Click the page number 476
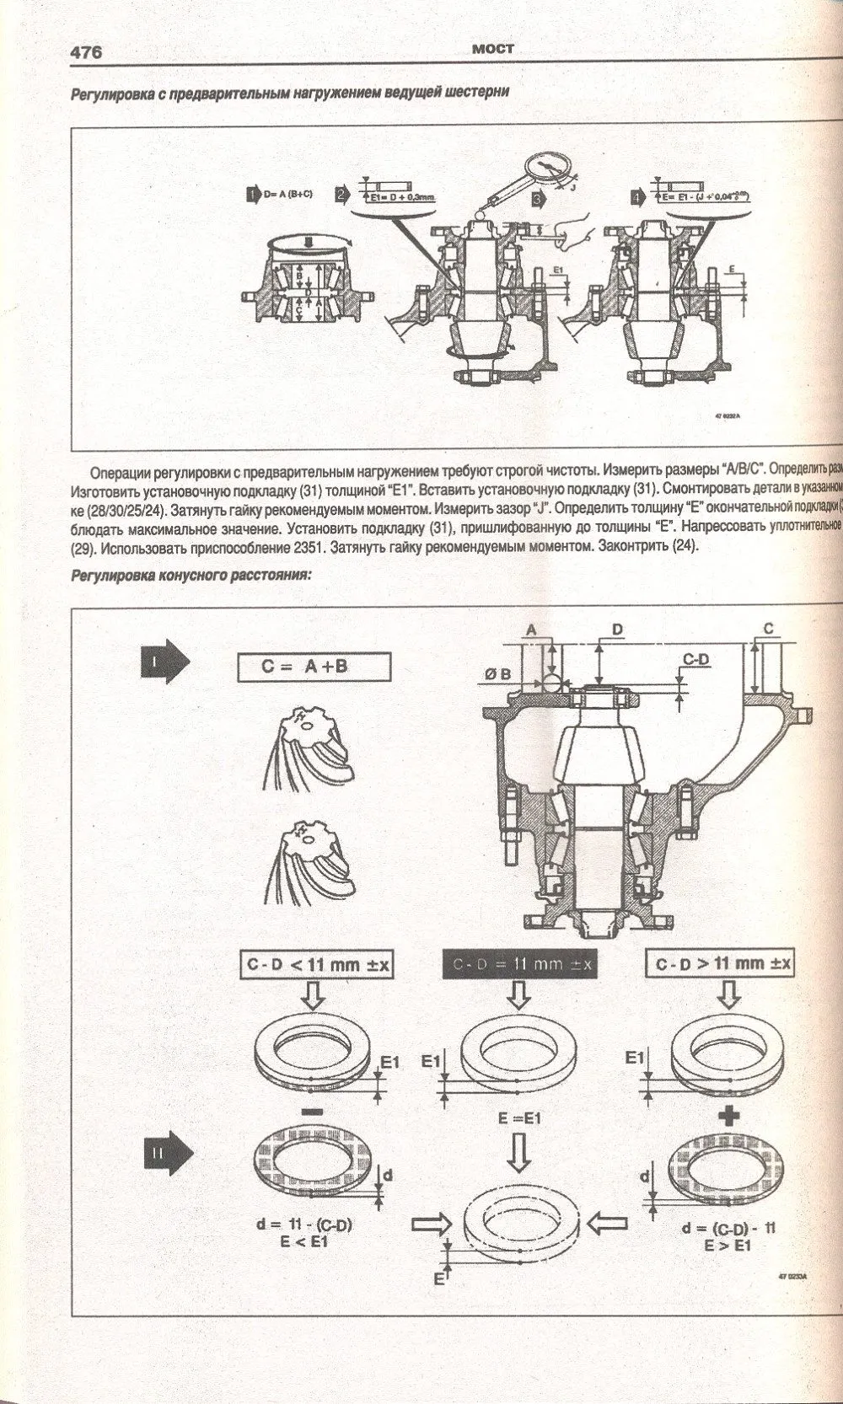(x=85, y=52)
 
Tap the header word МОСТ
(x=493, y=49)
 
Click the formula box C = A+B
(x=314, y=667)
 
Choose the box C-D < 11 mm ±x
(x=318, y=964)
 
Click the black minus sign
(x=311, y=1112)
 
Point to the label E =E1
(x=519, y=1118)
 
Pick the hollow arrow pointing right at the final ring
(x=435, y=1224)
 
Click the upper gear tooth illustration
(x=313, y=742)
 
